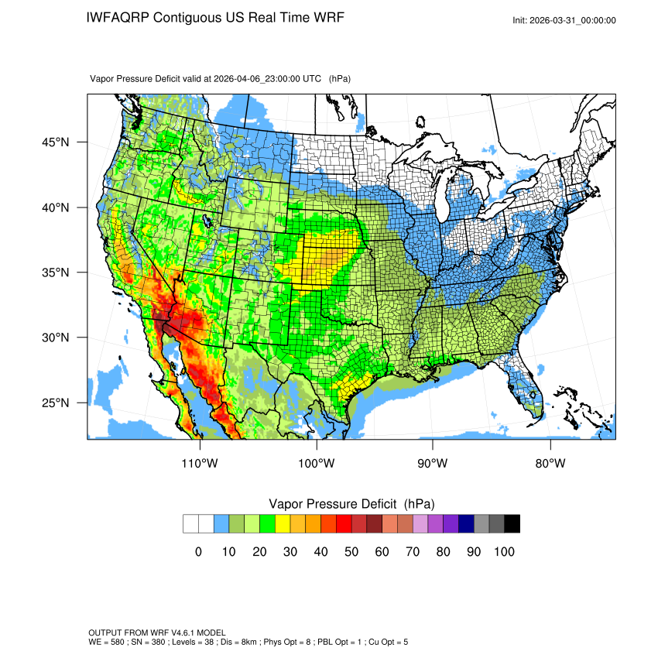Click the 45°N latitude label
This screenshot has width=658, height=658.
click(56, 142)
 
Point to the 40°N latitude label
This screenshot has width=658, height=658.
click(56, 207)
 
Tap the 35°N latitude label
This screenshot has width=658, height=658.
click(56, 272)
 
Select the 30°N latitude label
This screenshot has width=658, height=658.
click(56, 338)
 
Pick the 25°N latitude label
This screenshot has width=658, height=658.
click(56, 403)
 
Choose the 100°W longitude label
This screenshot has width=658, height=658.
click(316, 463)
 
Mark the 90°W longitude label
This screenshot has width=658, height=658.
click(433, 463)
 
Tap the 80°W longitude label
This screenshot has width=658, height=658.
click(550, 463)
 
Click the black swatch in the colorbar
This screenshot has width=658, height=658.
click(512, 524)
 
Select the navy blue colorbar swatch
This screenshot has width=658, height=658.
click(466, 524)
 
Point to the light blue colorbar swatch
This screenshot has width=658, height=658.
click(221, 524)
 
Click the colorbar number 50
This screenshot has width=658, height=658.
click(351, 552)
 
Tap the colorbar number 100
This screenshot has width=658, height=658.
click(504, 552)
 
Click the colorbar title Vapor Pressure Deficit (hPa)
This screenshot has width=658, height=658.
click(351, 504)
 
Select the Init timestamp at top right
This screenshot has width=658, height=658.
click(564, 20)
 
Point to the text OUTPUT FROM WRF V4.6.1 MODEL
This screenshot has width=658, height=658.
click(157, 632)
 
